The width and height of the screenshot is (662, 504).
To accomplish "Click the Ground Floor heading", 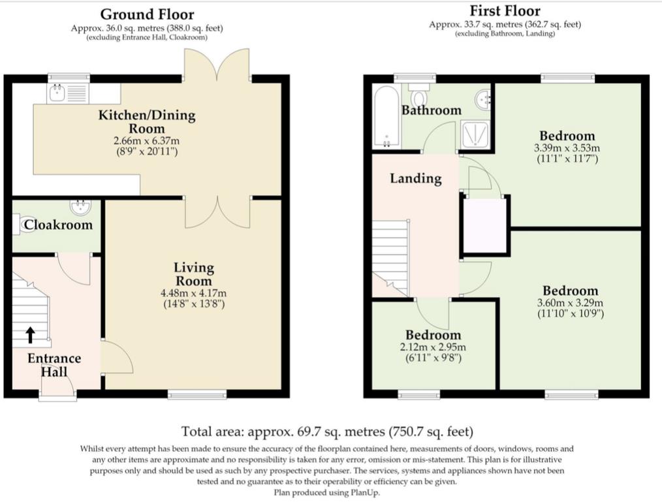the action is [x=147, y=14].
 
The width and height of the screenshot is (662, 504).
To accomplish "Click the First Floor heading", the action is [x=505, y=10].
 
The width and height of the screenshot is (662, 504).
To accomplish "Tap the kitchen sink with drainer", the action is [x=68, y=93].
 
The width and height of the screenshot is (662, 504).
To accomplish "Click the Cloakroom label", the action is [x=58, y=225].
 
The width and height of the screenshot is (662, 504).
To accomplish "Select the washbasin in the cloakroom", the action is [x=80, y=207].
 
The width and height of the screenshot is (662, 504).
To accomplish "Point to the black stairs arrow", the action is [x=30, y=334].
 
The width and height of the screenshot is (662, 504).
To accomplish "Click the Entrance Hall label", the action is [x=54, y=365].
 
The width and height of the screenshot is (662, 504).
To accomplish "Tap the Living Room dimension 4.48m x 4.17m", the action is [x=193, y=293].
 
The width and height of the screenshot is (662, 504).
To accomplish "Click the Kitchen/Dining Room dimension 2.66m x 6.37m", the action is [x=146, y=140].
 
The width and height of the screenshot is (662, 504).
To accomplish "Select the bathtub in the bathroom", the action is [x=386, y=117].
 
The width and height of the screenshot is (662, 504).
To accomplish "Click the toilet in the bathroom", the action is [x=419, y=95].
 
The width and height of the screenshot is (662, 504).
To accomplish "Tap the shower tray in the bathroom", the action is [x=475, y=134].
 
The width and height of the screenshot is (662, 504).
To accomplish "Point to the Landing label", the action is [x=416, y=178].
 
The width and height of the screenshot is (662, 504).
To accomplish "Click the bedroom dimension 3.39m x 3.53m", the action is [x=567, y=148].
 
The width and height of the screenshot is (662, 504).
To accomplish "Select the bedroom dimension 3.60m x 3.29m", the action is [x=570, y=303].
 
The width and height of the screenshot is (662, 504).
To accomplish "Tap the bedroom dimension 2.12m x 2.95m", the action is [x=433, y=347].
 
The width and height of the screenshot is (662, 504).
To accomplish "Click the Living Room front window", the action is [x=197, y=394].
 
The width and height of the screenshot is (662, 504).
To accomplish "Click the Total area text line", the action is [x=327, y=432].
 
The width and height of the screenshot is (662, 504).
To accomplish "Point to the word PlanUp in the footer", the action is [x=365, y=493].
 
